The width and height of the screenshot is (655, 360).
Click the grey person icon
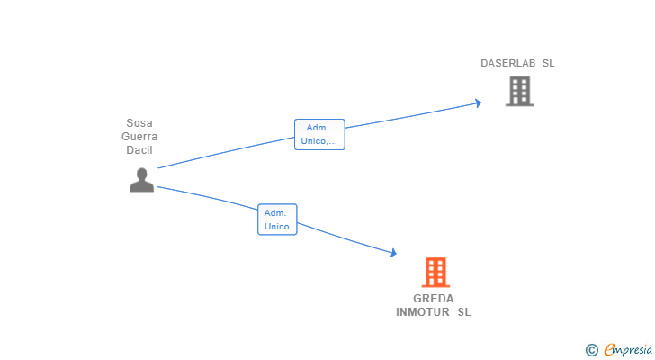tap(141, 180)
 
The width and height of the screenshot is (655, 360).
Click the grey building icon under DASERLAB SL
tap(519, 91)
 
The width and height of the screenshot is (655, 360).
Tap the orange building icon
tap(435, 272)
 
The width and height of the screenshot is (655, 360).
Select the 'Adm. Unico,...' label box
tap(319, 134)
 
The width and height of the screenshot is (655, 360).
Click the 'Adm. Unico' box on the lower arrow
tap(277, 220)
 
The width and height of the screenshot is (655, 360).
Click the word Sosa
tap(139, 123)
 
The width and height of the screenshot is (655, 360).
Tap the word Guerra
tap(139, 137)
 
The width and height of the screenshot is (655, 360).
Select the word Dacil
tap(139, 150)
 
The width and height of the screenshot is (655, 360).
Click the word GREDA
tap(434, 299)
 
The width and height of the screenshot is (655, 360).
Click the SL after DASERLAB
tap(548, 63)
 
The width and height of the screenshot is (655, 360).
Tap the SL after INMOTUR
tap(463, 312)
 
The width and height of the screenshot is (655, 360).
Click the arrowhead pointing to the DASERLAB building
tap(478, 103)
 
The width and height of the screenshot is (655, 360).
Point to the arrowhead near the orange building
tap(392, 254)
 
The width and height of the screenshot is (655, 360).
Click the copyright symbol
tap(591, 349)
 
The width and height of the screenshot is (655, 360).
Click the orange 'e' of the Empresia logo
tap(609, 349)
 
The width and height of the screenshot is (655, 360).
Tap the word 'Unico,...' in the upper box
tap(319, 141)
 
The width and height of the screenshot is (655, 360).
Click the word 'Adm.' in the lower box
tap(277, 213)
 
